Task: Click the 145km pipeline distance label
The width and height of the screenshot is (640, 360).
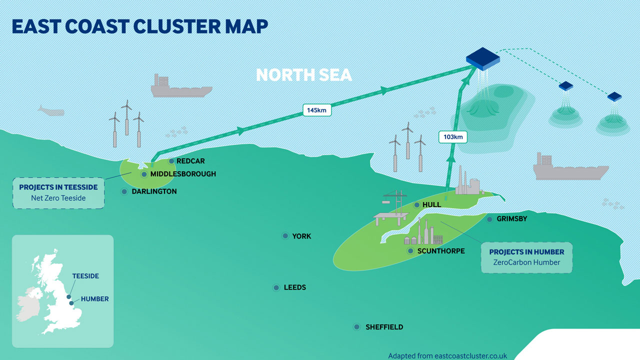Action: click(x=316, y=110)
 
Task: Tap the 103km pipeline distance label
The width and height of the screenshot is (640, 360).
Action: click(x=452, y=136)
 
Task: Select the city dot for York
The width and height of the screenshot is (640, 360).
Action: click(x=285, y=236)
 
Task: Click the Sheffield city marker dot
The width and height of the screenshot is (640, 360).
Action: click(x=356, y=327)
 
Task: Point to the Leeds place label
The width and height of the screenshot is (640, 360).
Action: click(x=294, y=287)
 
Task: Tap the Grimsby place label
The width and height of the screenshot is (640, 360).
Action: click(x=511, y=219)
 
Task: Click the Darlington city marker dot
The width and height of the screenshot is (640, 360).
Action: click(x=124, y=191)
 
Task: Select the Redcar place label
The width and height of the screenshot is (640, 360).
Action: click(x=190, y=161)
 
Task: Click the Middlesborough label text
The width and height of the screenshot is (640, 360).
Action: click(x=183, y=174)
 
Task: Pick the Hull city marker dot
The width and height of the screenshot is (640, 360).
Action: click(x=416, y=205)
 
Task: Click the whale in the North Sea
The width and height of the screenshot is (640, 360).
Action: click(x=51, y=111)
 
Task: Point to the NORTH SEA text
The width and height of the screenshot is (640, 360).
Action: click(x=304, y=75)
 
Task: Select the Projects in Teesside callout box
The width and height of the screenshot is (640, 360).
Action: click(x=58, y=192)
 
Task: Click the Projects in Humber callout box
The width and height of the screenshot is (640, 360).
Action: click(x=526, y=257)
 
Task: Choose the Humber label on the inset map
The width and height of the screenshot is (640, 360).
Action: click(x=94, y=299)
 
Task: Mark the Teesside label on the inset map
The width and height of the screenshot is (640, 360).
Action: click(x=85, y=276)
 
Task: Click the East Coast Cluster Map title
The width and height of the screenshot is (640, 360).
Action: click(x=140, y=27)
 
